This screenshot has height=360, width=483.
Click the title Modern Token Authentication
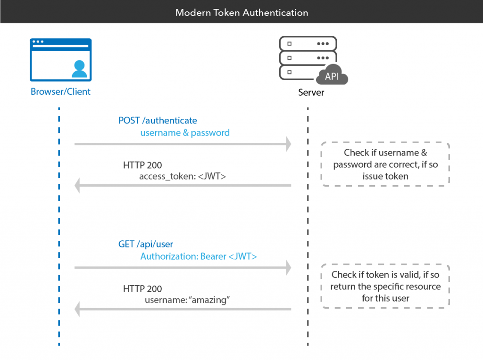pyautogui.click(x=241, y=13)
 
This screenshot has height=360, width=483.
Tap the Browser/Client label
pyautogui.click(x=60, y=91)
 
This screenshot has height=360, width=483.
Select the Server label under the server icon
pyautogui.click(x=311, y=92)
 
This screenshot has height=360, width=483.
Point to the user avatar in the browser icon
pyautogui.click(x=79, y=69)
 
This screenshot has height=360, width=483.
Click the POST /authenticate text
pyautogui.click(x=158, y=121)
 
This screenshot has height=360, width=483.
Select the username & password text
pyautogui.click(x=185, y=133)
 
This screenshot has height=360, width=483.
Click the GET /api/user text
pyautogui.click(x=146, y=245)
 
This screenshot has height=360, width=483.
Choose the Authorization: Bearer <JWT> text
pyautogui.click(x=199, y=257)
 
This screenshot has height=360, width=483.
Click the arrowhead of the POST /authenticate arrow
pyautogui.click(x=287, y=144)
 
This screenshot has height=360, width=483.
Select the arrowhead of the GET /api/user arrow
pyautogui.click(x=287, y=268)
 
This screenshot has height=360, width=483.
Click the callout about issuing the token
pyautogui.click(x=385, y=164)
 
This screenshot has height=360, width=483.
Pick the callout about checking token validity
pyautogui.click(x=385, y=286)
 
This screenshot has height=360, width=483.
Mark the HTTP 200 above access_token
pyautogui.click(x=142, y=165)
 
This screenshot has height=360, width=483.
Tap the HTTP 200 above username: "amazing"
pyautogui.click(x=142, y=289)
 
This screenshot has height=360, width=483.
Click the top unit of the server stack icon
pyautogui.click(x=308, y=43)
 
